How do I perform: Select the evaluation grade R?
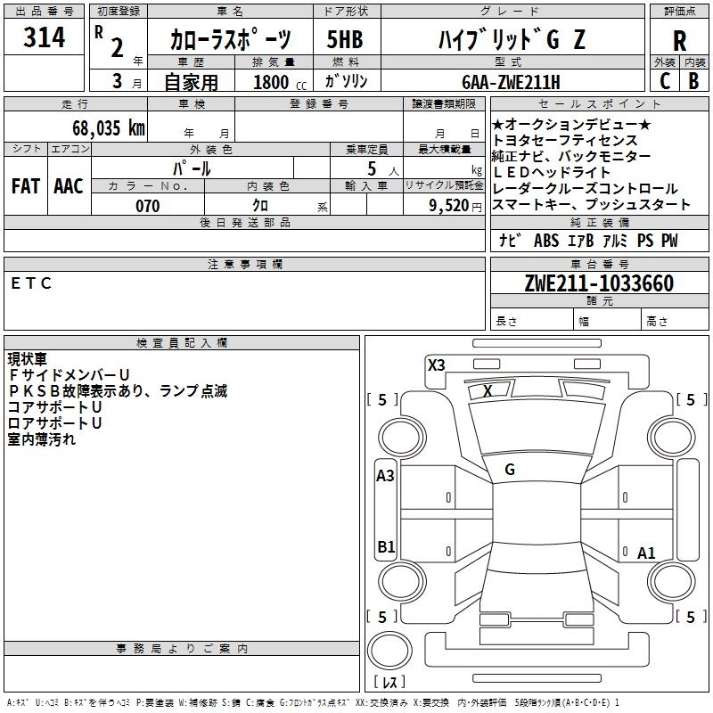click(x=679, y=41)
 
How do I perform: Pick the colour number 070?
click(x=148, y=206)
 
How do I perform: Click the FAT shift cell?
click(x=25, y=186)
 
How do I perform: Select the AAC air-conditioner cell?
click(x=68, y=186)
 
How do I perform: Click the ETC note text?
click(x=32, y=283)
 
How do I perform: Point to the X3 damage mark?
click(x=436, y=365)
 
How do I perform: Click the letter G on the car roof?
click(x=510, y=471)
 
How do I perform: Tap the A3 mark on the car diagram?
click(x=385, y=476)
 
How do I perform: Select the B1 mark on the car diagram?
click(x=386, y=546)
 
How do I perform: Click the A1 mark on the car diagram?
click(x=646, y=553)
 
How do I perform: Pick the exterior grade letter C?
click(x=664, y=81)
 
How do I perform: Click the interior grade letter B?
click(x=694, y=81)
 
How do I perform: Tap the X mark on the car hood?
click(x=488, y=390)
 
